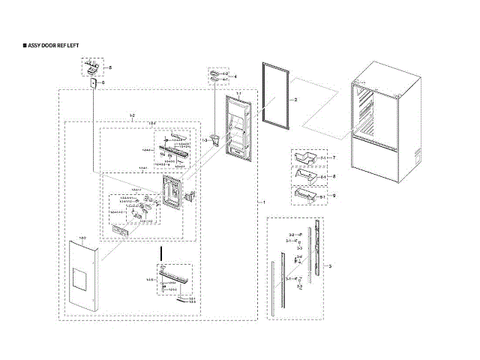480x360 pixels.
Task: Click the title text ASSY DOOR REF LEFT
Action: click(53, 46)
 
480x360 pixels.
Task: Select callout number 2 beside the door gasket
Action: click(295, 100)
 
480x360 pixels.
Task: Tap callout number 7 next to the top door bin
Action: click(334, 157)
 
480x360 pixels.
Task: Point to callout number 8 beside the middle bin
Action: click(334, 176)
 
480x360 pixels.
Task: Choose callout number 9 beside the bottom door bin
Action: click(334, 196)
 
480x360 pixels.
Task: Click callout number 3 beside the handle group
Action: click(331, 266)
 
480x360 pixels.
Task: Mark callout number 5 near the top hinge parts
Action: click(109, 68)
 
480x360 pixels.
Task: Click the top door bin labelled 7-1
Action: click(304, 158)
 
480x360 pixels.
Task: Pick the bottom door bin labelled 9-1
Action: click(304, 196)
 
